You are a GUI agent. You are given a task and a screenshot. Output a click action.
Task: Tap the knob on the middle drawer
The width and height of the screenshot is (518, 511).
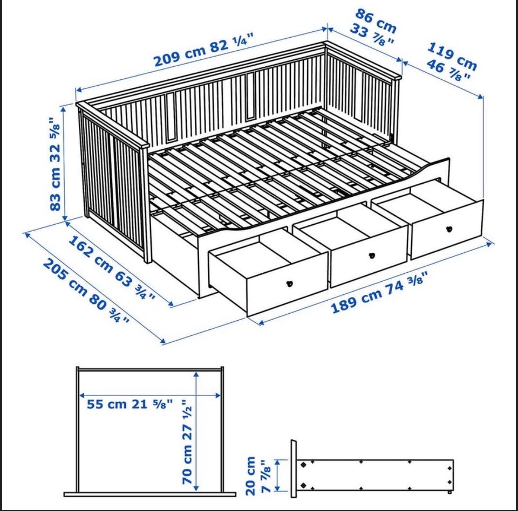[372, 255]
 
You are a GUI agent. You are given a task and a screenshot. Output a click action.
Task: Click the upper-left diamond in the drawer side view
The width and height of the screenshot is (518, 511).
[303, 465]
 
